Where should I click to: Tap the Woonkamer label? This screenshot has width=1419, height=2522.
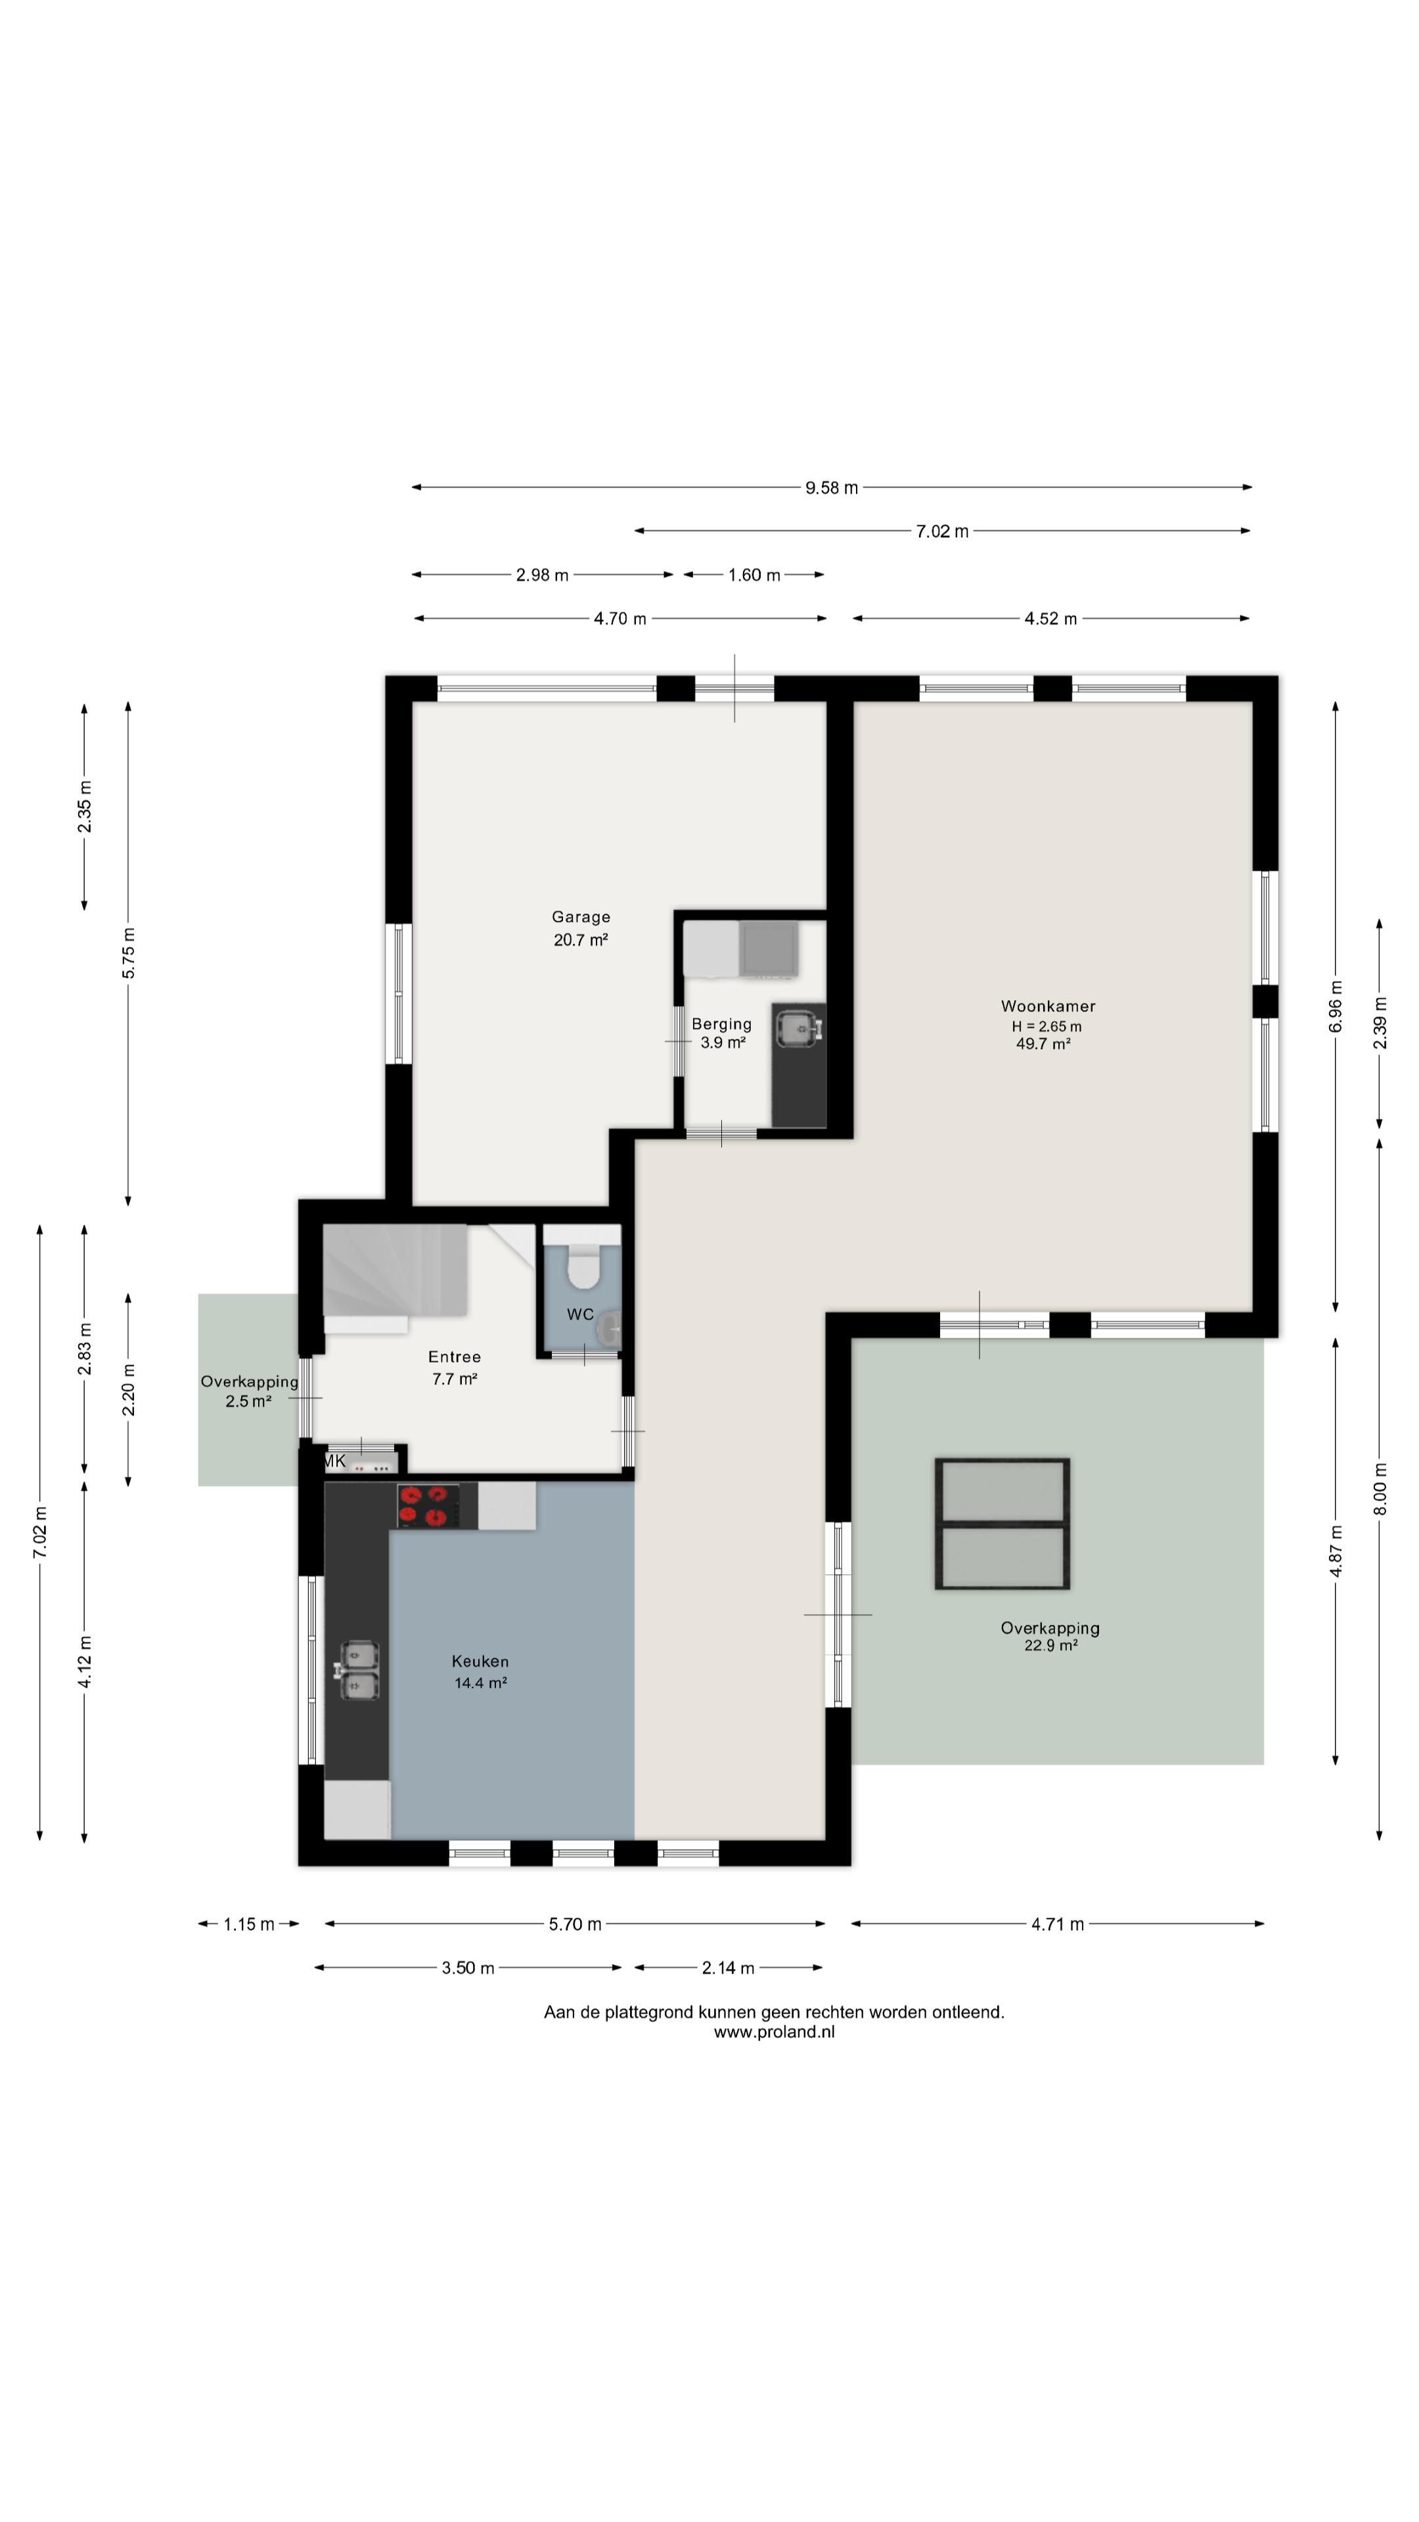[1048, 1006]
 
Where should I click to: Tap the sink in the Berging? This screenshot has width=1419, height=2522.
[799, 1028]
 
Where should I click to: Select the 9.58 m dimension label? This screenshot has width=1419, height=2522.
[832, 487]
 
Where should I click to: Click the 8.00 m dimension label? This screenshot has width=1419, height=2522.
[1380, 1489]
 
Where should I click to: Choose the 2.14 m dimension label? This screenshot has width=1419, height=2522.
[728, 1968]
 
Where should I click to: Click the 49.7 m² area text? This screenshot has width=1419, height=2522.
[1043, 1044]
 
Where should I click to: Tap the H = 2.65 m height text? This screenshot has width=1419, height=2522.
[1047, 1026]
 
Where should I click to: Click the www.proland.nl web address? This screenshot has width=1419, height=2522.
[774, 2031]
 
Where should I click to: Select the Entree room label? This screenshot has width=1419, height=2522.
[455, 1357]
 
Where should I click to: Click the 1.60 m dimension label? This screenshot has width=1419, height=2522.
[754, 575]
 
